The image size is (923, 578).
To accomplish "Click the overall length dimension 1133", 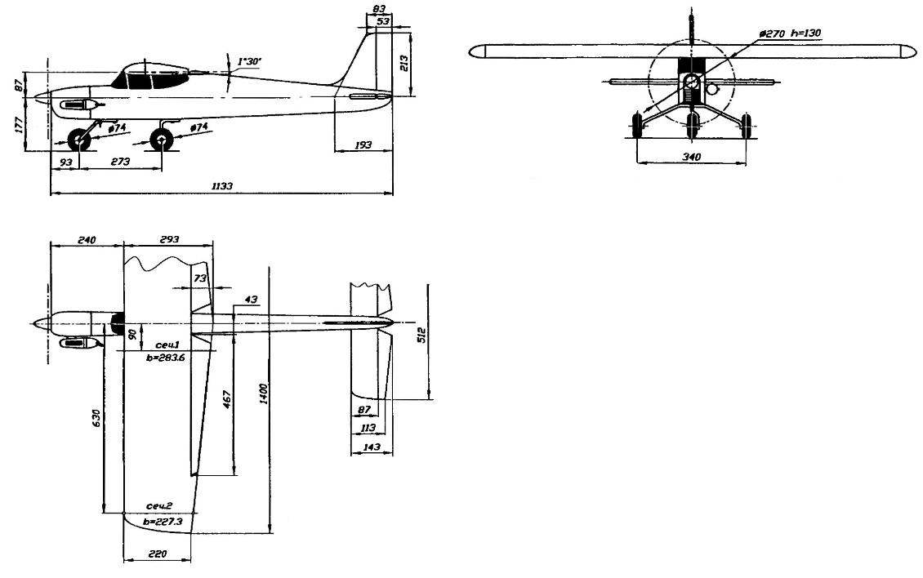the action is [222, 185].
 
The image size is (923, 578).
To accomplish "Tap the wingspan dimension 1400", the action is [264, 393].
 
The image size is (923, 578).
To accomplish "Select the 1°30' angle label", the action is [249, 61].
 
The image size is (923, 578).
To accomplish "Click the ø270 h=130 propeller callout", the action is [790, 33].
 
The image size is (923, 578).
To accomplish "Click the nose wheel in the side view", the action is [79, 140].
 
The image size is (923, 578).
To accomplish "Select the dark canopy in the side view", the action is [150, 77].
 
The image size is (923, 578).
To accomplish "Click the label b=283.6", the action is [165, 356].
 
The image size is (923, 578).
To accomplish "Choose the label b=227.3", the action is [163, 522].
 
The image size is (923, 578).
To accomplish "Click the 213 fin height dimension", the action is [404, 63].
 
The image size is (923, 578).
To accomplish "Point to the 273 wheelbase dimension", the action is [120, 161].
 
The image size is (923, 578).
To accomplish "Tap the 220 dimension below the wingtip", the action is [157, 554].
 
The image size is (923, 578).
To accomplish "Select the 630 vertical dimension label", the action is [97, 418].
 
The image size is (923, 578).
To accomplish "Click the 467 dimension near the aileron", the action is [227, 399].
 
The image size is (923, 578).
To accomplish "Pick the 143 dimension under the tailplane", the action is [372, 447].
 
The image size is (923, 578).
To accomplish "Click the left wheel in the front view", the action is [637, 126].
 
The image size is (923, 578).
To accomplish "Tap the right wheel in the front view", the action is [746, 126].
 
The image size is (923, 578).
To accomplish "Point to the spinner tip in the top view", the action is [33, 323].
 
